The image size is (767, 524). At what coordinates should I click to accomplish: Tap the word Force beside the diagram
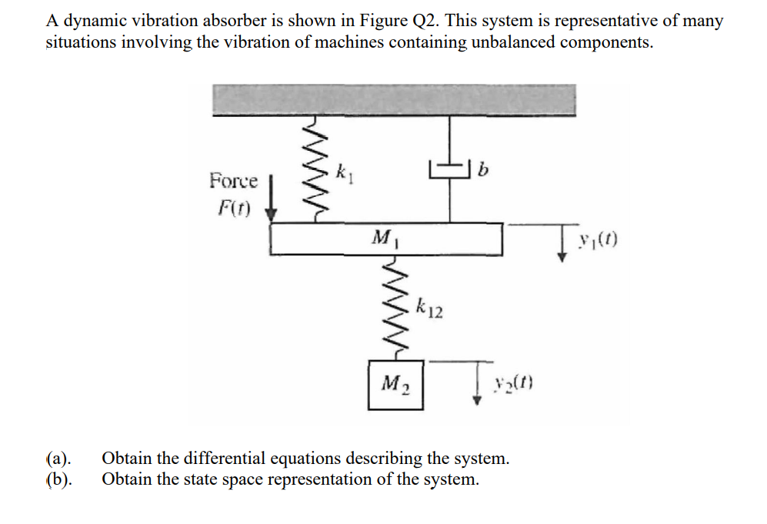click(x=233, y=181)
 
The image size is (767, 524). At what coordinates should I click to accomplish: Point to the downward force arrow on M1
click(x=271, y=201)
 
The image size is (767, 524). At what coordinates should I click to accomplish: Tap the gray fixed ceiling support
click(x=392, y=100)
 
